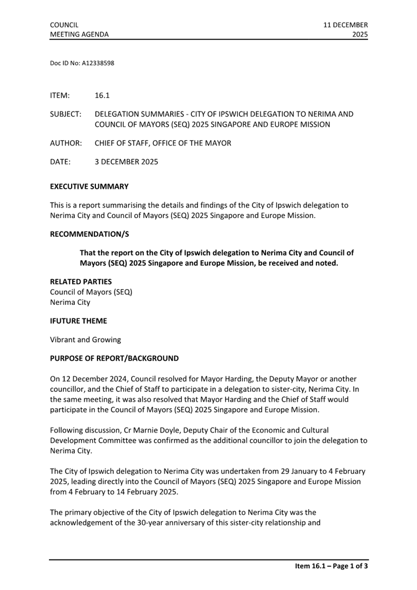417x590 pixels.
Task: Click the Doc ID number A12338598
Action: point(98,63)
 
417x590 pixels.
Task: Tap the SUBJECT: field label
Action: point(65,114)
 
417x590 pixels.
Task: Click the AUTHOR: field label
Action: point(66,143)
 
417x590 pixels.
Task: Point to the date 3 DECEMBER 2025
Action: point(127,162)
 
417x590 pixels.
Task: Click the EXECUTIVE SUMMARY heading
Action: point(89,186)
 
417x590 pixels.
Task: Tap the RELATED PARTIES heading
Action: point(81,282)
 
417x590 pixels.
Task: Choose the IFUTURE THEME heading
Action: point(78,321)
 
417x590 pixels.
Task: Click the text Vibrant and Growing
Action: point(85,340)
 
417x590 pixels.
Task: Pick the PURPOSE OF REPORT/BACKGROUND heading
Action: point(114,358)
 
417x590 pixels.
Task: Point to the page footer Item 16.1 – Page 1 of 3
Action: point(328,567)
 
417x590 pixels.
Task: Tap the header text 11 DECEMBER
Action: point(345,25)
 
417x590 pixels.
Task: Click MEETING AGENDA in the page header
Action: point(79,34)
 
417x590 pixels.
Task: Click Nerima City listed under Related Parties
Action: point(70,302)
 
